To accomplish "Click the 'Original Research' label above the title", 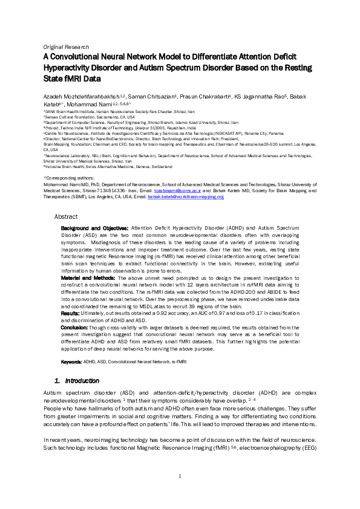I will (x=67, y=47).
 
